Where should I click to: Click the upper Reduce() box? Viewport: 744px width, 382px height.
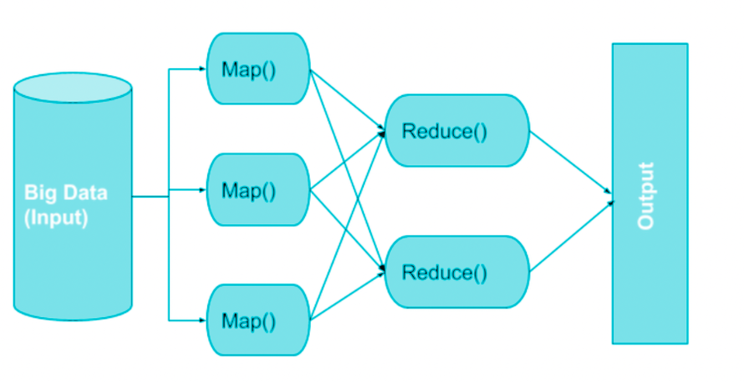pos(456,131)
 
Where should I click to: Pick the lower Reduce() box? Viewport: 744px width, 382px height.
pos(456,272)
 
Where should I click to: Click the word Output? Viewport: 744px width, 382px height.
pos(646,196)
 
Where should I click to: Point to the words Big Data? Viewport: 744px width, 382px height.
pos(65,193)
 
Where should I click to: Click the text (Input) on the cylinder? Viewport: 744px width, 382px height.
pos(56,217)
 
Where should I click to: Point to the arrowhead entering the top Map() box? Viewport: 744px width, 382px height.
pos(202,69)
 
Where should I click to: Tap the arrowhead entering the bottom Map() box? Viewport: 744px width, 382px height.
pos(202,320)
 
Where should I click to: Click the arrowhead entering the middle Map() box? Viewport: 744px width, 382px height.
pos(202,190)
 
